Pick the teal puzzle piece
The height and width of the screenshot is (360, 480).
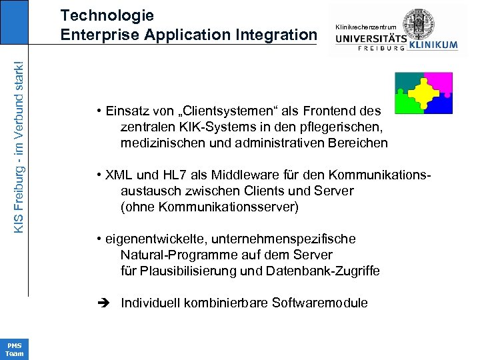pos(406,82)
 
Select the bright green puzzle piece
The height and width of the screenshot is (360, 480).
pos(405,104)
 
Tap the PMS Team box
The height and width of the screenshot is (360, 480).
pos(14,349)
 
